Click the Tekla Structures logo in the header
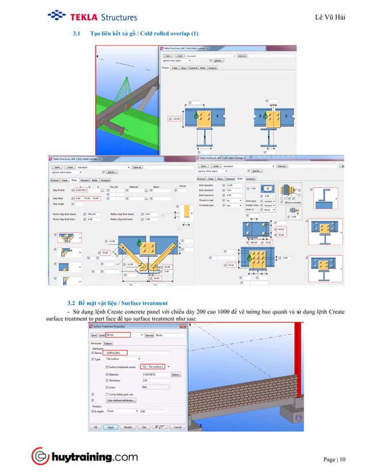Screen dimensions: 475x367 [x=93, y=16]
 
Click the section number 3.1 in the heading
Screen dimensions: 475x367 [x=76, y=35]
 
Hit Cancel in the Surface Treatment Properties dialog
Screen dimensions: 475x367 [x=178, y=427]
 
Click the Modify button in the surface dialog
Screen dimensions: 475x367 [x=128, y=427]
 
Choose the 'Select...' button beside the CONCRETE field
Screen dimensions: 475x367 [x=175, y=374]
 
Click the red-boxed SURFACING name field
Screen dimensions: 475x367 [x=113, y=353]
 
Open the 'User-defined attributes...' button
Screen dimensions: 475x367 [x=121, y=401]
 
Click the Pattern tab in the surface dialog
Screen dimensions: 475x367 [x=108, y=343]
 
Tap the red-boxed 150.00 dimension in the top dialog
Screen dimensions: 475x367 [x=176, y=119]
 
